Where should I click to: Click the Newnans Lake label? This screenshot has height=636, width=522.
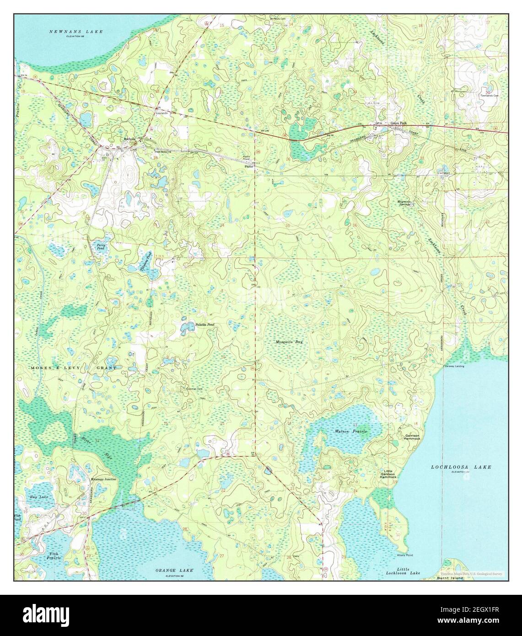click(x=76, y=32)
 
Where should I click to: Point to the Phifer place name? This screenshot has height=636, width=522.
click(x=249, y=167)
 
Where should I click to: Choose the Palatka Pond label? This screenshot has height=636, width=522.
click(x=205, y=324)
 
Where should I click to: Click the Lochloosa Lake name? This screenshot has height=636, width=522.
click(x=461, y=467)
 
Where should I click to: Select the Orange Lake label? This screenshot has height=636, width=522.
click(x=174, y=571)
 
